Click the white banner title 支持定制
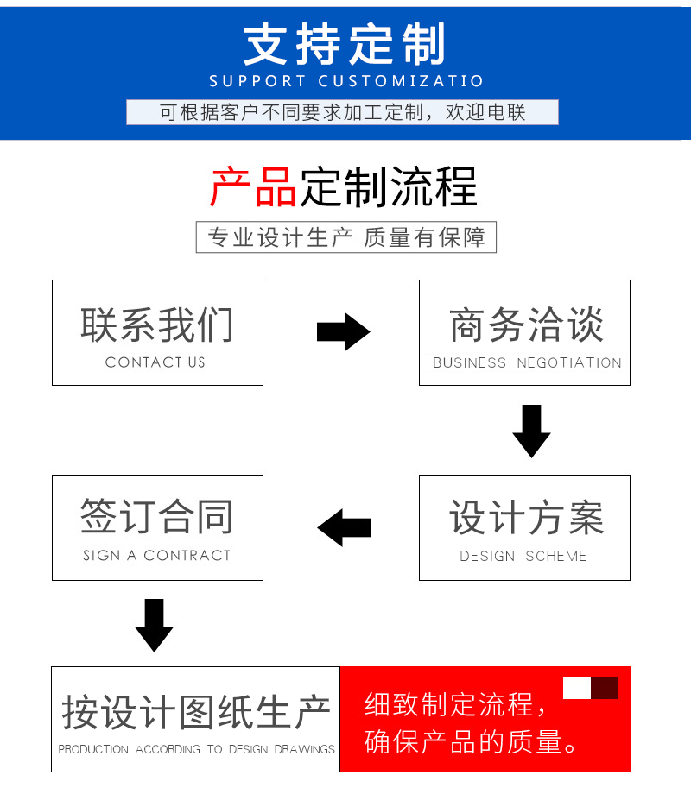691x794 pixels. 345,44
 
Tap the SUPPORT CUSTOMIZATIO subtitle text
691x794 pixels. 346,81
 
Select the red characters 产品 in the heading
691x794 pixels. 253,187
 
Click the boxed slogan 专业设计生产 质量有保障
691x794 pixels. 346,237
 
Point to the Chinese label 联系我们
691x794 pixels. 157,325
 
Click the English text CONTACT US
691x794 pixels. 155,362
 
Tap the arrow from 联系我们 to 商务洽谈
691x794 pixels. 343,331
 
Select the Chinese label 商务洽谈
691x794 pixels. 527,325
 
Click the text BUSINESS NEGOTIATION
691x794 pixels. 527,362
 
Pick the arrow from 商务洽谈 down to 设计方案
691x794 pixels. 531,431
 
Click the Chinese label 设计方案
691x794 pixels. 527,517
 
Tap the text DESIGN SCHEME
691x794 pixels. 523,556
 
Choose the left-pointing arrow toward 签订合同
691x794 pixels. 344,527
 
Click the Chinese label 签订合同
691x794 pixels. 157,516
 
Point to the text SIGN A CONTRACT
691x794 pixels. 156,556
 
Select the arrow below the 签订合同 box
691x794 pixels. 154,626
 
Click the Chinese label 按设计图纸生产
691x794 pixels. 196,712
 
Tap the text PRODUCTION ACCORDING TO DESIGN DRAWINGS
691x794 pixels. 196,749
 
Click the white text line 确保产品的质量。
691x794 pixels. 471,742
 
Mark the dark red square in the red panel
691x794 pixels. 605,688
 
